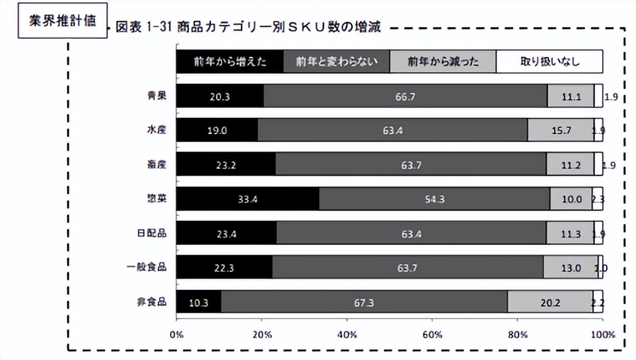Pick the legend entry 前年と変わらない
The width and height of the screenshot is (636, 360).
(x=337, y=61)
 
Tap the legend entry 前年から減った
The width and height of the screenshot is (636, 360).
(x=443, y=61)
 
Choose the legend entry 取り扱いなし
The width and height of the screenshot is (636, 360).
(x=550, y=61)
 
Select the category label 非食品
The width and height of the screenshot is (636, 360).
(x=153, y=302)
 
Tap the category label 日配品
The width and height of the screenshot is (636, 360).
(x=153, y=233)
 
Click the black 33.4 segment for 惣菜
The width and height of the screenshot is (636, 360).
(x=248, y=199)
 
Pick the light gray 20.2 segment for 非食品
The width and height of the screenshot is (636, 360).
(x=550, y=302)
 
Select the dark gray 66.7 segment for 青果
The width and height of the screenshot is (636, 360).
(x=405, y=96)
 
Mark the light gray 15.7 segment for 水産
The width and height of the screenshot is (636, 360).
(x=560, y=130)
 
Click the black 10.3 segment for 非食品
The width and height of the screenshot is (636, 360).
(x=199, y=302)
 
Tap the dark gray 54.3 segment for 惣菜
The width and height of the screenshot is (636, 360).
(x=434, y=199)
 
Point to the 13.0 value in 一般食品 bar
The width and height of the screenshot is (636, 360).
(x=570, y=268)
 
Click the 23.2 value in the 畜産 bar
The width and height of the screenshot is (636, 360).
(x=226, y=165)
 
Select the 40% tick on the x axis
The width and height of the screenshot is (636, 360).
(x=347, y=335)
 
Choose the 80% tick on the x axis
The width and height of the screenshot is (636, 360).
(x=517, y=335)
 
